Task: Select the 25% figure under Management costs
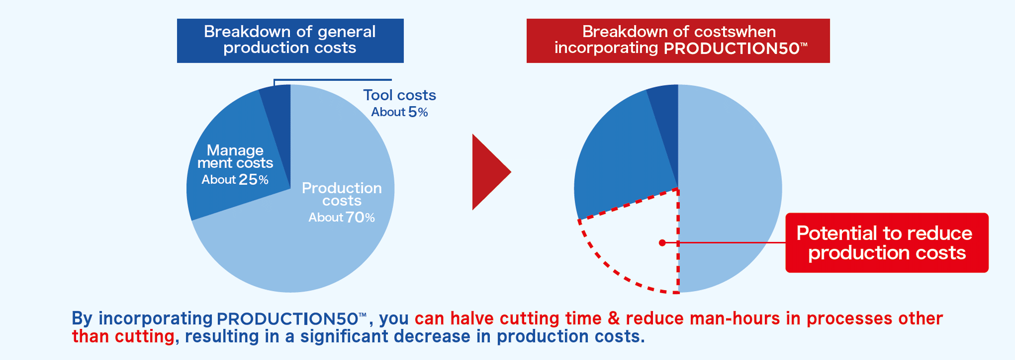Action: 254,180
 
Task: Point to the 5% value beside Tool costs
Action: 418,112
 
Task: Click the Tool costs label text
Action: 399,95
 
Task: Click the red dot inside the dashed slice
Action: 662,242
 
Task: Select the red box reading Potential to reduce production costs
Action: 887,242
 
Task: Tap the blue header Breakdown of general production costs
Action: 290,40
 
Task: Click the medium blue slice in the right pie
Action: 621,155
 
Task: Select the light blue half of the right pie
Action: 730,189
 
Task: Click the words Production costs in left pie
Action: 342,194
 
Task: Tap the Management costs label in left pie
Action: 235,156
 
